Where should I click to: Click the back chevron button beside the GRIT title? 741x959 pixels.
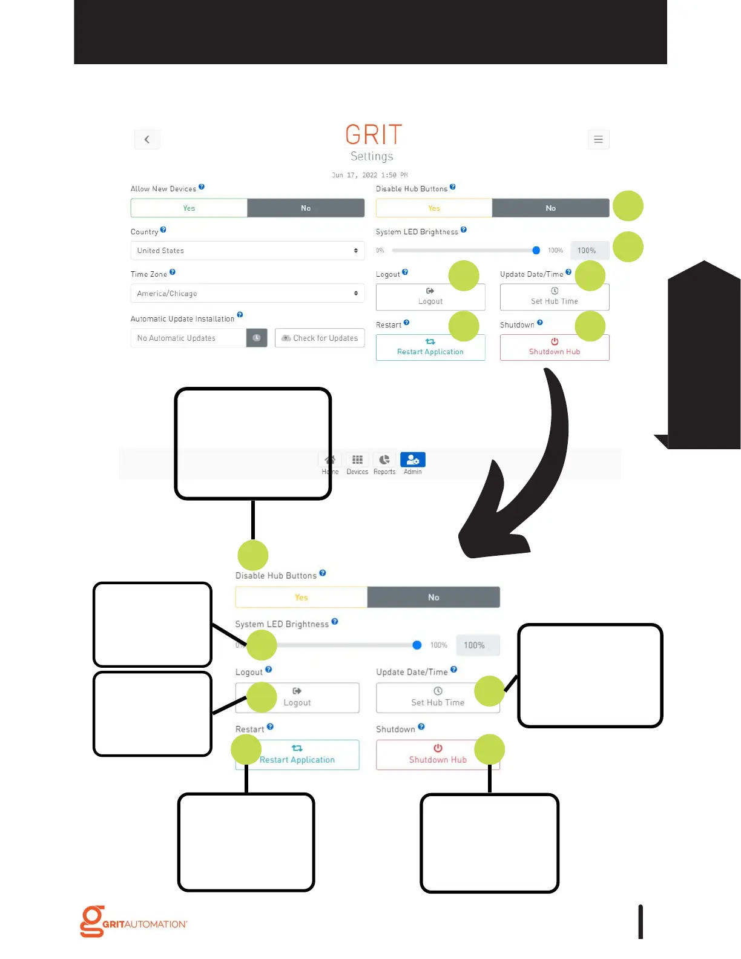[147, 139]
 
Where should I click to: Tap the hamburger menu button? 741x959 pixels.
[598, 139]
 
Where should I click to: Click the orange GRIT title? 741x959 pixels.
[374, 134]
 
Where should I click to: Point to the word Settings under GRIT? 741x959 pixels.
[372, 156]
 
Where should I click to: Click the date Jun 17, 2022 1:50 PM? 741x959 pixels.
[369, 175]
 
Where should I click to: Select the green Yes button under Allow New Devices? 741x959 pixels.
[189, 208]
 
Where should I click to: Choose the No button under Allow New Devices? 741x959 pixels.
[306, 208]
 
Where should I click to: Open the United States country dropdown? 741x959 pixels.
[247, 251]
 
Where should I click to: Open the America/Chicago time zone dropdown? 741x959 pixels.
[247, 294]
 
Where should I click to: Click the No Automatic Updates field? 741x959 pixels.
[188, 338]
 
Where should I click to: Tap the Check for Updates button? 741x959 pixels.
[320, 338]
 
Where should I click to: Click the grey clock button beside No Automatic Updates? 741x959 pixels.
[257, 338]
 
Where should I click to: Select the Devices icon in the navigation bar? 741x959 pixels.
[357, 463]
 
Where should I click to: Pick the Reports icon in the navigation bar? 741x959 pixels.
[384, 463]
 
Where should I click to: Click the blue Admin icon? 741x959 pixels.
[413, 461]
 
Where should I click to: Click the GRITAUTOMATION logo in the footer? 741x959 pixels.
[134, 922]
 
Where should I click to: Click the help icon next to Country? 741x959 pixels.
[163, 230]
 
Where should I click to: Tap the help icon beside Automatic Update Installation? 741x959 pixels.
[240, 315]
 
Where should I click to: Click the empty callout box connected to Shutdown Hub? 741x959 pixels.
[489, 843]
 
